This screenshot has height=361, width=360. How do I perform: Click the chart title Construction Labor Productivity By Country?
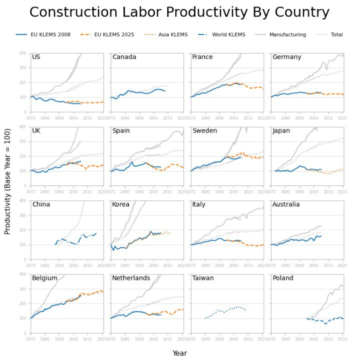179,12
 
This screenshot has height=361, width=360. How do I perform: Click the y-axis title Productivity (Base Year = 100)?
7,192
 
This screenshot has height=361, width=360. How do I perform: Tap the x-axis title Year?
179,353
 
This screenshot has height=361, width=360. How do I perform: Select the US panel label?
36,57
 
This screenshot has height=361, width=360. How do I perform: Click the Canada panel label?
124,57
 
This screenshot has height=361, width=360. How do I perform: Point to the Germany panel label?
287,57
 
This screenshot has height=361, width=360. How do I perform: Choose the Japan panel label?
282,130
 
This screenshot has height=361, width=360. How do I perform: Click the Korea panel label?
121,204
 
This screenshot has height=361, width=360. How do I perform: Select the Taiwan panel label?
203,278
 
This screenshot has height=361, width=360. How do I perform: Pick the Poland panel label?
283,278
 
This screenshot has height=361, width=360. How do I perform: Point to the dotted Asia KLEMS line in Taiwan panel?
225,311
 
